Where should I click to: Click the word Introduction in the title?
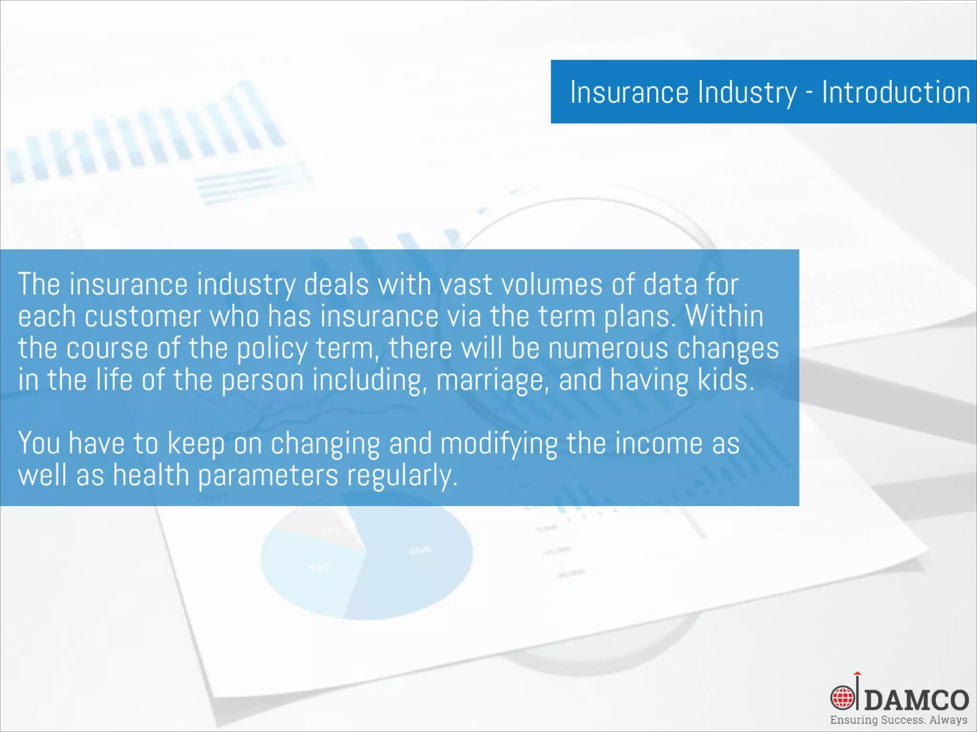(895, 92)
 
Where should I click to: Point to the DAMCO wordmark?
(916, 700)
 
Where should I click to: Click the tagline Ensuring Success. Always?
(899, 720)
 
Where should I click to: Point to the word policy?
(272, 348)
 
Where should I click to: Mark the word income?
(658, 443)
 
